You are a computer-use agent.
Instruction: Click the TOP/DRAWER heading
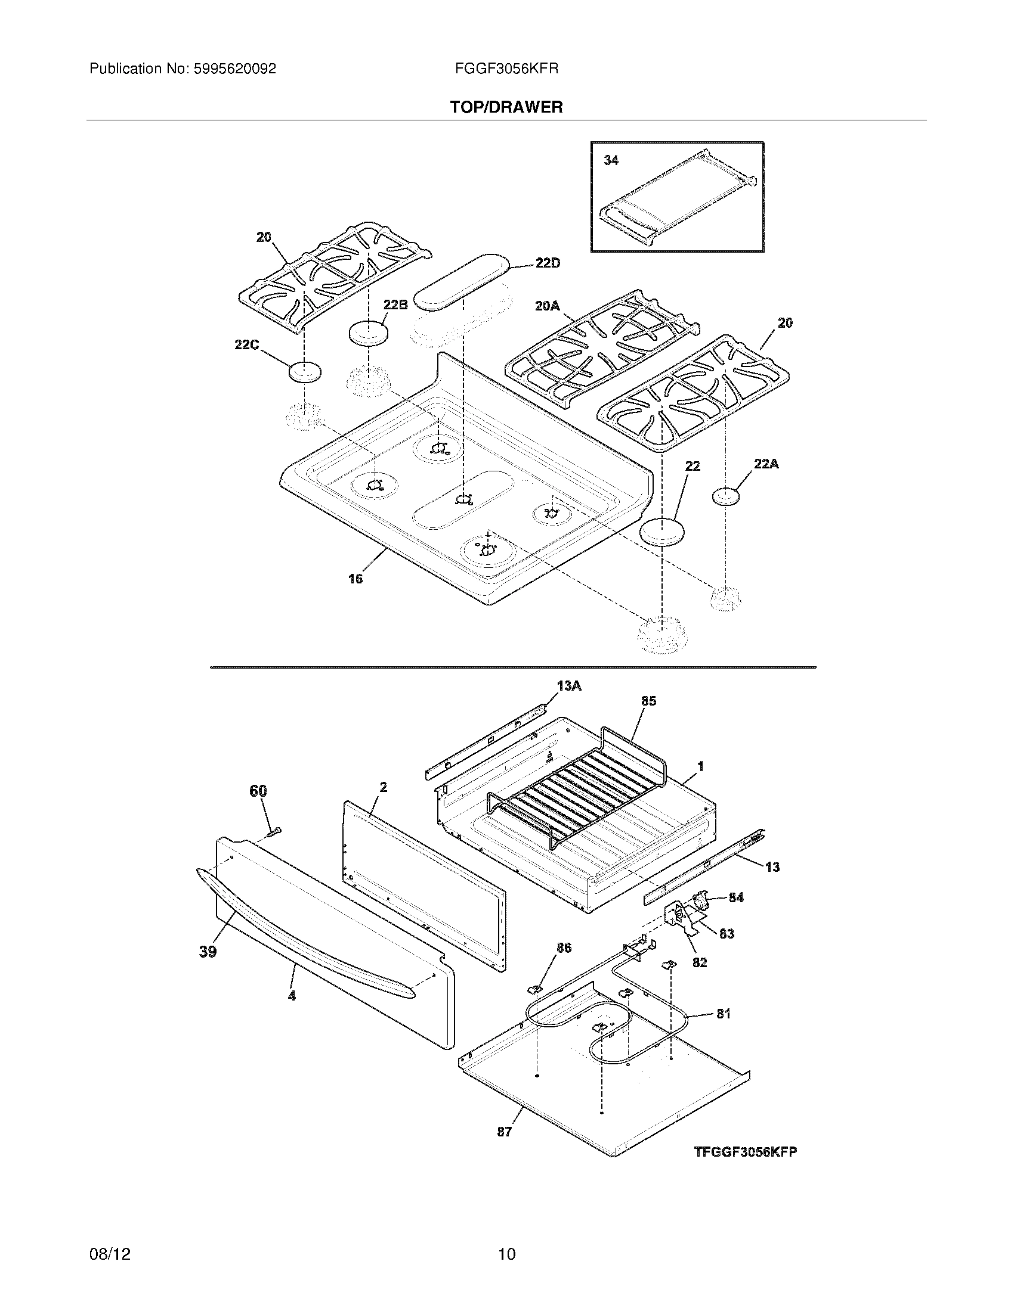pyautogui.click(x=506, y=107)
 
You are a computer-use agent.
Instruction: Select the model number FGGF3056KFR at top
pyautogui.click(x=506, y=69)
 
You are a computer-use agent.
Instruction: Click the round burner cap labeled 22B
pyautogui.click(x=367, y=333)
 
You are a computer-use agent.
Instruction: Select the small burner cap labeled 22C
pyautogui.click(x=305, y=372)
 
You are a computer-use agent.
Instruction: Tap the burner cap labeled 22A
pyautogui.click(x=726, y=496)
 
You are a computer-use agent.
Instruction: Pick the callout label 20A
pyautogui.click(x=546, y=306)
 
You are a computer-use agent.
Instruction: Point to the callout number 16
pyautogui.click(x=355, y=579)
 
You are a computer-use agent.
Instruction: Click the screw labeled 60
pyautogui.click(x=274, y=831)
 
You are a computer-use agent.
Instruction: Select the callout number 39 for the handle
pyautogui.click(x=208, y=952)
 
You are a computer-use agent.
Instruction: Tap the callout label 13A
pyautogui.click(x=569, y=685)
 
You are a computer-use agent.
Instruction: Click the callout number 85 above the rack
pyautogui.click(x=649, y=701)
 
